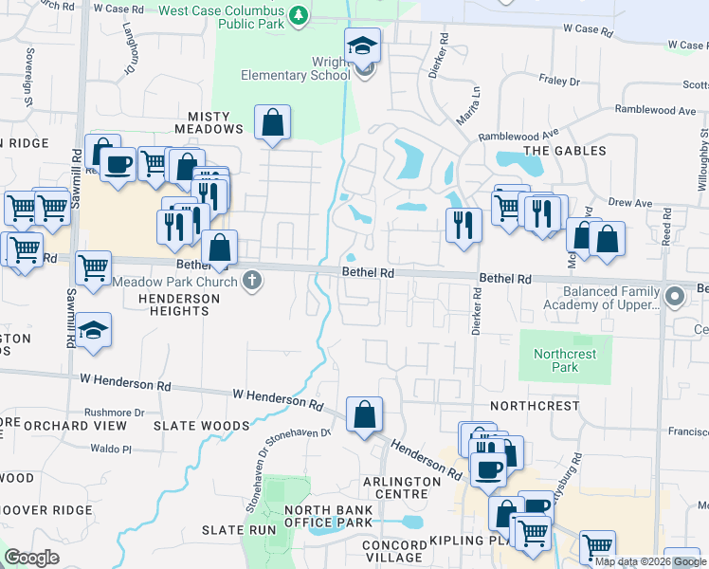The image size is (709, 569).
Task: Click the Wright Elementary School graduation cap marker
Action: [x=362, y=46]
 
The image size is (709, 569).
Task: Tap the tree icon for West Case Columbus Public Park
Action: [x=299, y=14]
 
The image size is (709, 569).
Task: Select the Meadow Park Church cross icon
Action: [x=251, y=280]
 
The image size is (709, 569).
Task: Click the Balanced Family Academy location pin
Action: [x=674, y=297]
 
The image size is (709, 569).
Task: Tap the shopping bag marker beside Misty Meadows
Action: [x=273, y=122]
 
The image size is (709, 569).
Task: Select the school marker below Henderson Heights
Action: [x=93, y=331]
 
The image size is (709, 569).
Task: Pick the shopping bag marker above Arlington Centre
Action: [x=364, y=414]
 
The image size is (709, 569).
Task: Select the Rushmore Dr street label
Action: [x=114, y=413]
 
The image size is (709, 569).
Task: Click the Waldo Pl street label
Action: [x=109, y=448]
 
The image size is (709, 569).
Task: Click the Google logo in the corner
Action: [x=31, y=558]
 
